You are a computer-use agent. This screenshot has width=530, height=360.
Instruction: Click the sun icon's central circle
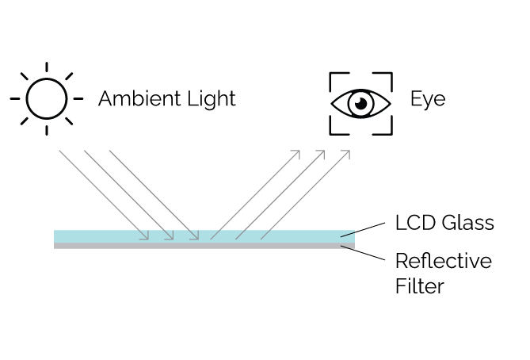pos(46,99)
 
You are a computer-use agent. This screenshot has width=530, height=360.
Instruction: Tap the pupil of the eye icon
pos(360,102)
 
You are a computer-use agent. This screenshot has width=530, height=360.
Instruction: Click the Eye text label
pos(427,100)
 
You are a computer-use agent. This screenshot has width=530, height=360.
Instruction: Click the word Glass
pos(467,223)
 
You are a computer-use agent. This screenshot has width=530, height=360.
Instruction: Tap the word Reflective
pos(443,262)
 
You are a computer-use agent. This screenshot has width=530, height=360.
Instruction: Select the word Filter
pos(420,285)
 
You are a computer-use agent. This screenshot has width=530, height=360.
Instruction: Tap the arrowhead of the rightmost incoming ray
pos(196,235)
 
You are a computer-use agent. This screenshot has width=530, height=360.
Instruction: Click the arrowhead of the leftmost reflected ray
pos(298,152)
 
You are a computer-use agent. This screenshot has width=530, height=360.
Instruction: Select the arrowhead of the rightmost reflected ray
pos(348,152)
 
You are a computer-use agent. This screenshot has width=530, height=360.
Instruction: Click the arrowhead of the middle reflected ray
pos(322,152)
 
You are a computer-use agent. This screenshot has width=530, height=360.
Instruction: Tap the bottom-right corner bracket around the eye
pos(387,128)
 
